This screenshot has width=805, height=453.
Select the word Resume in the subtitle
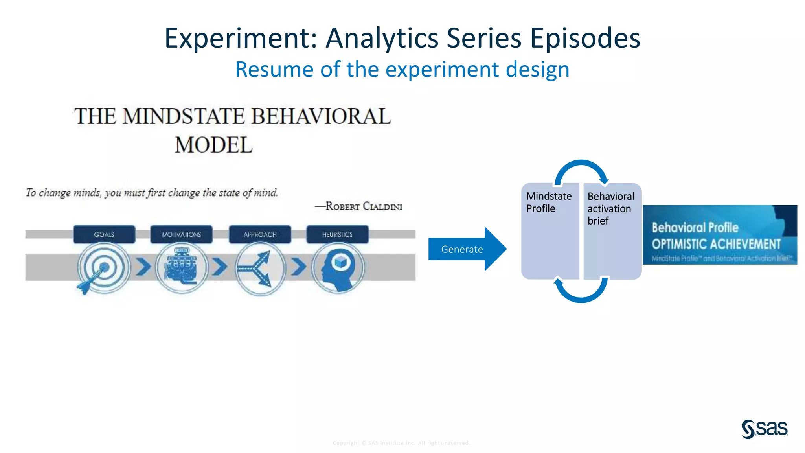274,70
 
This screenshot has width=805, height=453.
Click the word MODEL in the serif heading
213,145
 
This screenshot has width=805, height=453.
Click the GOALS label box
104,234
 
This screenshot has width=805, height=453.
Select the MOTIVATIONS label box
181,234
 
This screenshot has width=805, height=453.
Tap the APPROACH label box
260,234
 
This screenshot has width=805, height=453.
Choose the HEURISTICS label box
337,234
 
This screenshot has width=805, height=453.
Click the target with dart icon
102,268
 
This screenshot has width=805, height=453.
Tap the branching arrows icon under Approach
260,269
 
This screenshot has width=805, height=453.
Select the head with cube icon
338,268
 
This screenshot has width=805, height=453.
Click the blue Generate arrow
466,249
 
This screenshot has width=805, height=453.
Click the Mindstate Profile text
549,202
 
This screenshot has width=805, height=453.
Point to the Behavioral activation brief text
610,208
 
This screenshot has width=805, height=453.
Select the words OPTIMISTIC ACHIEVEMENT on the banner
716,244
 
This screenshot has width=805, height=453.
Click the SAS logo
764,429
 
